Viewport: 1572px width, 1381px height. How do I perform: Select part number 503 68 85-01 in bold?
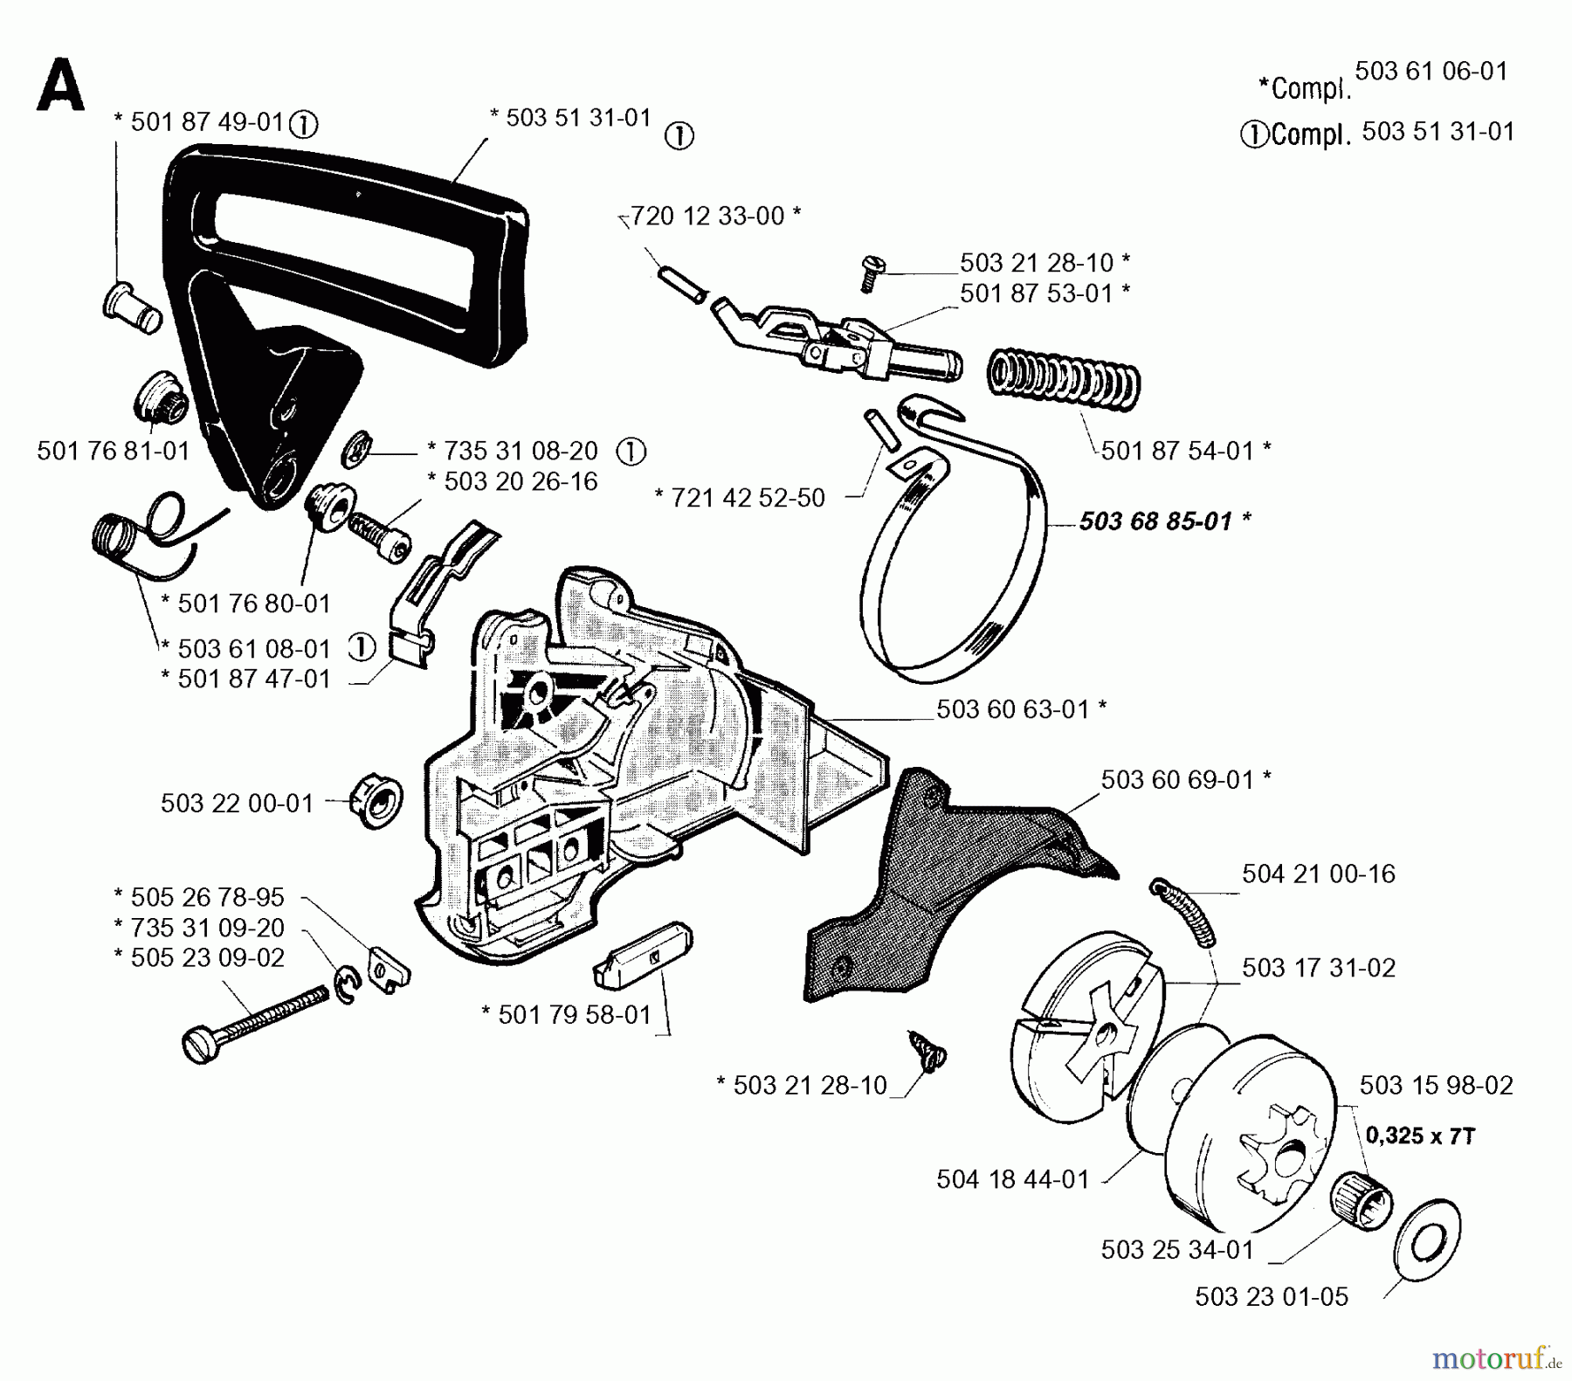pos(1155,522)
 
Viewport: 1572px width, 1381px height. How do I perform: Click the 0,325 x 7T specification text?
pos(1420,1136)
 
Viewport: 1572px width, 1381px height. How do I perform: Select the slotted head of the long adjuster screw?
pos(201,1045)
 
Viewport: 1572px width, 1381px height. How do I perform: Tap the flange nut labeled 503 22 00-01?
pos(376,803)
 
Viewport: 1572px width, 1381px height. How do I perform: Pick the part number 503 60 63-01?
pos(1013,709)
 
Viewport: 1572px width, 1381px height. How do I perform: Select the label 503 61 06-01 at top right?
pos(1431,72)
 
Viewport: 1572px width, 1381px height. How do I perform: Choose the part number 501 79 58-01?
pos(575,1015)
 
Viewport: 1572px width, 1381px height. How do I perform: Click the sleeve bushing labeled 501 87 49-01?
pos(132,307)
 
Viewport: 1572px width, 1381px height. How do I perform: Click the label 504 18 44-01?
pos(1013,1180)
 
